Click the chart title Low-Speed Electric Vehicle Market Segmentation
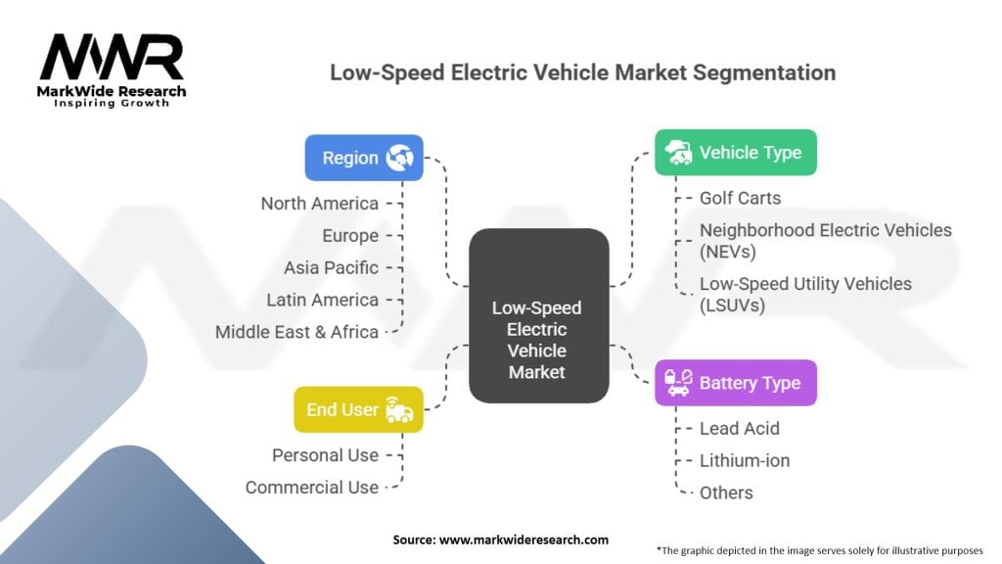582,72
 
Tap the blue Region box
364,158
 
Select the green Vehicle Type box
735,153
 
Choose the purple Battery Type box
735,383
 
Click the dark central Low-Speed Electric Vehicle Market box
537,315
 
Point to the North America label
319,204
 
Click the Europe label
350,236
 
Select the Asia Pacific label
331,267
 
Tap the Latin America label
322,300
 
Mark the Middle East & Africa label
296,332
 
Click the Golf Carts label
740,198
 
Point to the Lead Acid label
739,428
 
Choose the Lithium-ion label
744,460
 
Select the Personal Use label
325,455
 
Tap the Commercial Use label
311,488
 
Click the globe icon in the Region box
399,158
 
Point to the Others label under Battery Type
726,493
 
